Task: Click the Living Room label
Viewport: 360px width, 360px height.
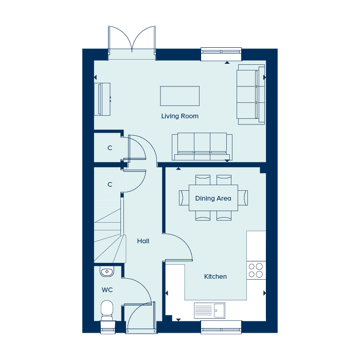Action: pyautogui.click(x=180, y=116)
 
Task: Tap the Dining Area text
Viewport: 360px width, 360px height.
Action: pyautogui.click(x=213, y=199)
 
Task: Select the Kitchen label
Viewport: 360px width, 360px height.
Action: pyautogui.click(x=215, y=277)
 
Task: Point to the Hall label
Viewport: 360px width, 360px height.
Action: pyautogui.click(x=143, y=241)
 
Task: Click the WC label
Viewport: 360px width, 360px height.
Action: pyautogui.click(x=107, y=290)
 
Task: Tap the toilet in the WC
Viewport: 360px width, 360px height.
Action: pyautogui.click(x=107, y=311)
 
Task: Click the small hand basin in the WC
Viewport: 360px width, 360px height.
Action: pyautogui.click(x=107, y=272)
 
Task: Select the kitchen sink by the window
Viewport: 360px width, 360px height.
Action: pyautogui.click(x=210, y=311)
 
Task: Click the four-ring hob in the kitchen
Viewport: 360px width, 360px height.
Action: pyautogui.click(x=256, y=270)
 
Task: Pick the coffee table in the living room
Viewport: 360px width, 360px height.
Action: pyautogui.click(x=180, y=96)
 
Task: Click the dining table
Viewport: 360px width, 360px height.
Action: pyautogui.click(x=213, y=197)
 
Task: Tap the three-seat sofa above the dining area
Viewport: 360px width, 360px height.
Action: pyautogui.click(x=202, y=146)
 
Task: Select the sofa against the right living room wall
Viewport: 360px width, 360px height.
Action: pyautogui.click(x=251, y=94)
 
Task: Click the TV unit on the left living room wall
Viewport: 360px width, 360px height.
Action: pyautogui.click(x=102, y=99)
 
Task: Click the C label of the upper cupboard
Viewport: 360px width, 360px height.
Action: pyautogui.click(x=110, y=148)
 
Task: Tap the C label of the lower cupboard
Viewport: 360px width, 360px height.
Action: pyautogui.click(x=110, y=184)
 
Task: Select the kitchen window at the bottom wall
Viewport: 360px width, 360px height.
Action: pyautogui.click(x=221, y=328)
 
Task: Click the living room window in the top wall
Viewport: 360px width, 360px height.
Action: pyautogui.click(x=221, y=54)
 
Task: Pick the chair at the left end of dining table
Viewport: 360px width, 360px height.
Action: pyautogui.click(x=184, y=197)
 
